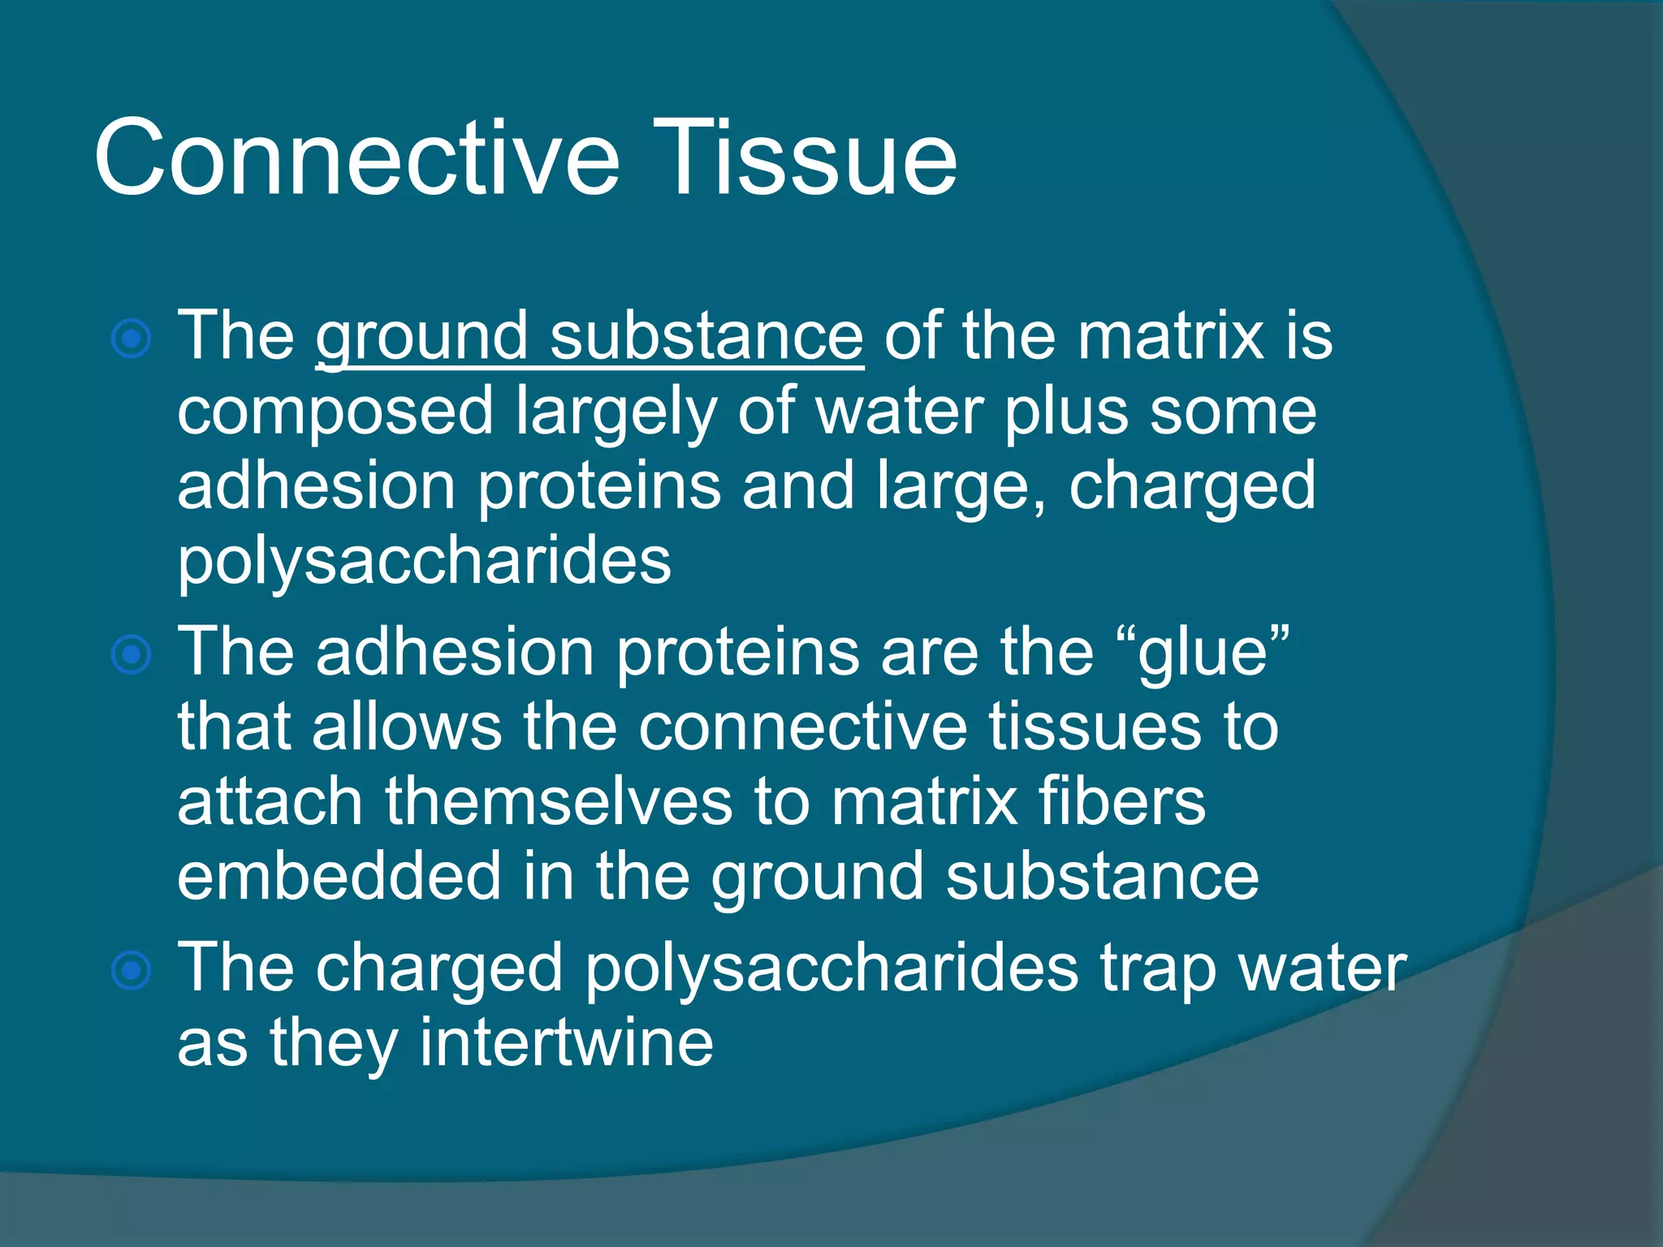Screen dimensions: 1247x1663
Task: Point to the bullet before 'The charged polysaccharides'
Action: pyautogui.click(x=132, y=970)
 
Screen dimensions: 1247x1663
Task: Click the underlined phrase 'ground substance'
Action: pyautogui.click(x=590, y=336)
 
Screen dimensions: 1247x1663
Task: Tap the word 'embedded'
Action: pyautogui.click(x=339, y=877)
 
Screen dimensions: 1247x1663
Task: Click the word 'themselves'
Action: pyautogui.click(x=559, y=802)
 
